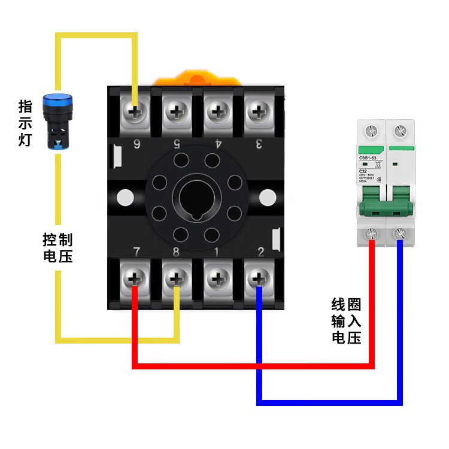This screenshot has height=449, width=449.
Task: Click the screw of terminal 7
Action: click(x=135, y=278)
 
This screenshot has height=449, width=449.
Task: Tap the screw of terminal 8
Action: click(x=176, y=278)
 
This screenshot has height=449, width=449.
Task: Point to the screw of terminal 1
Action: click(x=217, y=278)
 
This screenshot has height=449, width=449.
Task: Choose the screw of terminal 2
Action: click(x=258, y=278)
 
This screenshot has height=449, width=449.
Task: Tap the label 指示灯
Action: click(x=26, y=123)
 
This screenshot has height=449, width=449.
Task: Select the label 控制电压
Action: click(x=57, y=248)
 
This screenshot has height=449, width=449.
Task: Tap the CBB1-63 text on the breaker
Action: click(x=368, y=158)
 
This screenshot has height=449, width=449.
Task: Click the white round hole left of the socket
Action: click(x=126, y=197)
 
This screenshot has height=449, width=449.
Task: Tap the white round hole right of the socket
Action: click(x=267, y=197)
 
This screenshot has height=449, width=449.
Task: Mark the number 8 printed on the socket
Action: click(x=176, y=252)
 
